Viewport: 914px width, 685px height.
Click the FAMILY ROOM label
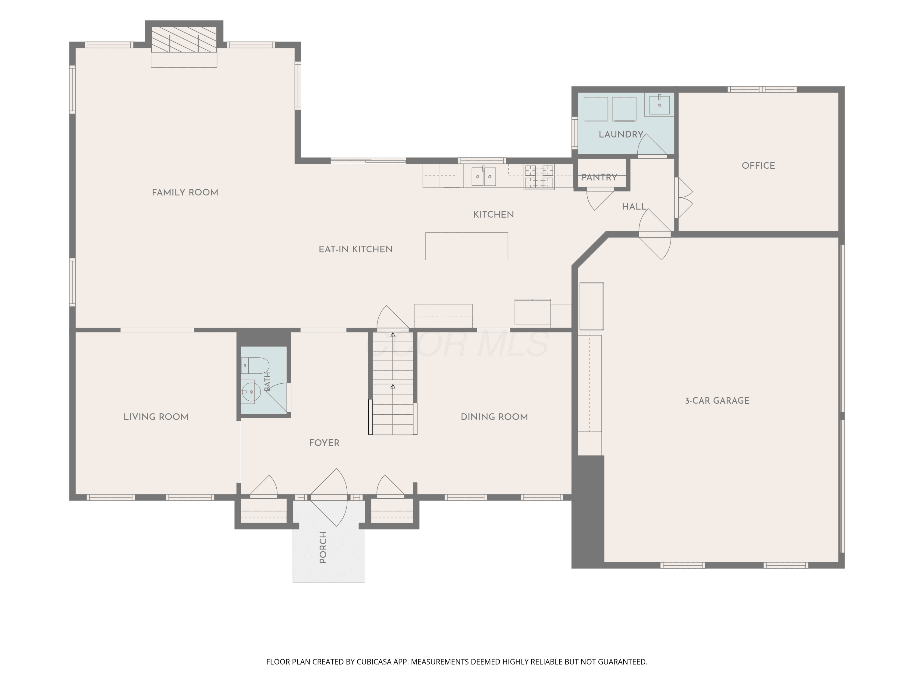[x=185, y=192]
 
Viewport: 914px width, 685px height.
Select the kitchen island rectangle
[x=466, y=246]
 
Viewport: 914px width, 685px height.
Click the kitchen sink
[x=484, y=176]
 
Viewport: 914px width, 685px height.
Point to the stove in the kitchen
[x=539, y=177]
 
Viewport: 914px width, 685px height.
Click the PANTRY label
[x=599, y=177]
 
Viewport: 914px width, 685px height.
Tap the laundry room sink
[x=660, y=104]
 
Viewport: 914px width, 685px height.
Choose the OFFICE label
[x=758, y=166]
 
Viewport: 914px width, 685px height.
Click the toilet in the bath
[x=255, y=365]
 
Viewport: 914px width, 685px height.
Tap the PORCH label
[x=323, y=547]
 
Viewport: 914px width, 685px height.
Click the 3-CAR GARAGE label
[x=717, y=401]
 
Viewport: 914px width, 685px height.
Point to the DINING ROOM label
[x=494, y=417]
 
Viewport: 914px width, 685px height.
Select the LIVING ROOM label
[x=156, y=417]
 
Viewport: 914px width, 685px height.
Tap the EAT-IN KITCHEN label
[x=355, y=249]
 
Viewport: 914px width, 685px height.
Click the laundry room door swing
[x=652, y=145]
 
